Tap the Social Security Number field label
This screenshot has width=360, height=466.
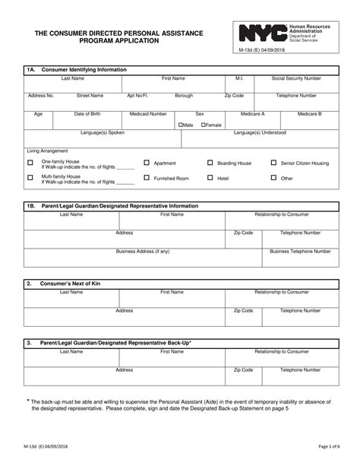coord(296,78)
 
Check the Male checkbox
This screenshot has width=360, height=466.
coord(181,125)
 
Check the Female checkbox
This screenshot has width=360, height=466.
coord(204,125)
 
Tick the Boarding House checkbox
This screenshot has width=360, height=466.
coord(210,163)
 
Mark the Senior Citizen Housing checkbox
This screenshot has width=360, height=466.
coord(273,163)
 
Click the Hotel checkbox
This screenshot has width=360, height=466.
coord(210,178)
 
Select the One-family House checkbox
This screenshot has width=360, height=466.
coord(30,163)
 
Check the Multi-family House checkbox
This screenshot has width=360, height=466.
coord(30,178)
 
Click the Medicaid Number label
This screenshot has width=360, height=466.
coord(148,113)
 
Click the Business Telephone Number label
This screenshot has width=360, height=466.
coord(300,250)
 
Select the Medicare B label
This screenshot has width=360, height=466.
coord(309,113)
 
